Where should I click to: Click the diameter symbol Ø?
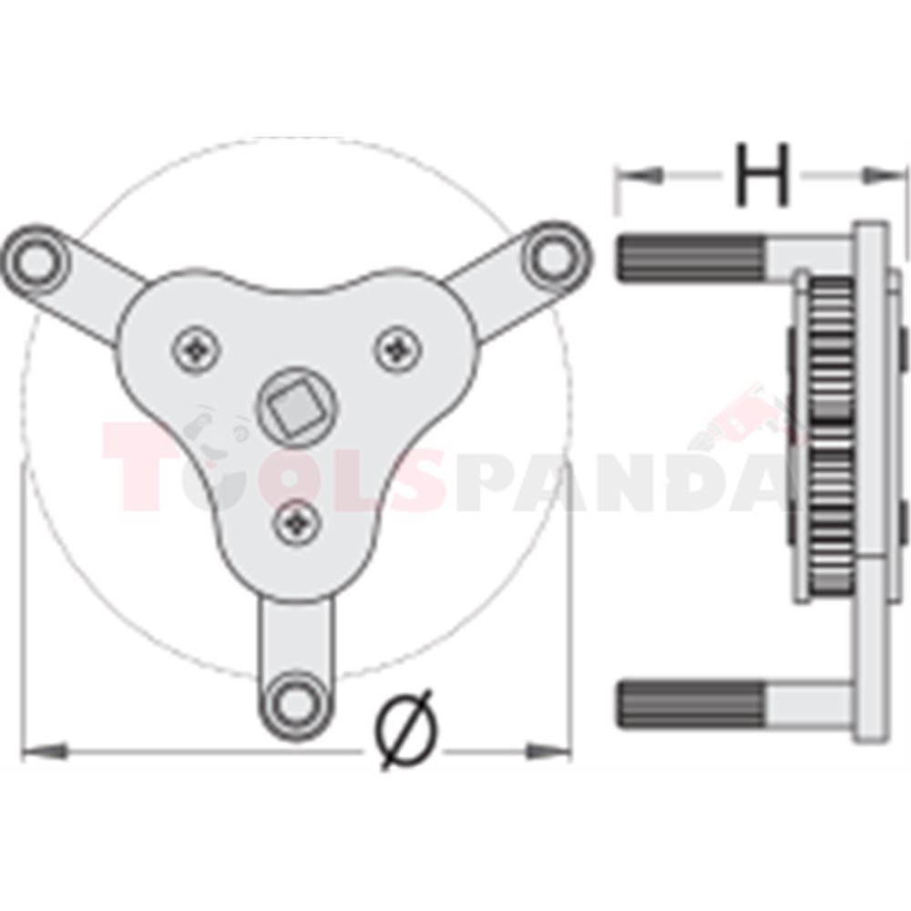coord(406,730)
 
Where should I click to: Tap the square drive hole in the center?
coord(296,406)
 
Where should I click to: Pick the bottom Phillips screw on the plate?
coord(297,523)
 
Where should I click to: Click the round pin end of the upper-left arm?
coord(36,259)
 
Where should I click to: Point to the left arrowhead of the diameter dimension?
coord(45,752)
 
